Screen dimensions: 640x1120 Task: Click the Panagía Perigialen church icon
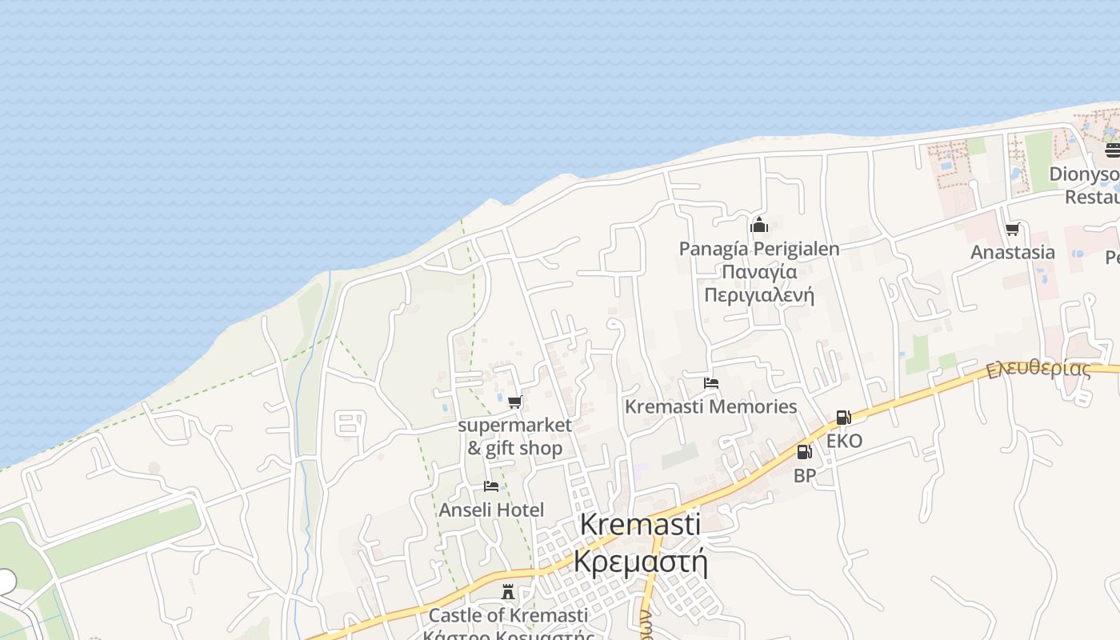tap(759, 225)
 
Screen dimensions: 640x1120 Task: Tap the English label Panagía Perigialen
tap(759, 249)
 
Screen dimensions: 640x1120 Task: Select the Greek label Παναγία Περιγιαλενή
tap(759, 283)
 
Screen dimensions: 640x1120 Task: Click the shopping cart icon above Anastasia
tap(1012, 230)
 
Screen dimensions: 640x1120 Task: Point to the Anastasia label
tap(1012, 252)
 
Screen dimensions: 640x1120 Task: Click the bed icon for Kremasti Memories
tap(710, 383)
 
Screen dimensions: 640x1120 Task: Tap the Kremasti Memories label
tap(710, 406)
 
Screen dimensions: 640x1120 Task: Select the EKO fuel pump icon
tap(843, 417)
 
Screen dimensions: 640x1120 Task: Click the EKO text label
tap(844, 441)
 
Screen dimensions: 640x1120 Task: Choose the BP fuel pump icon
tap(804, 452)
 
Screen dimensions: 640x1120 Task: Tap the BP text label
tap(804, 476)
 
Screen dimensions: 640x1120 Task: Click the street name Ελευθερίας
tap(1038, 369)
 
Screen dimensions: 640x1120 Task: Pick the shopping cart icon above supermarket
tap(514, 402)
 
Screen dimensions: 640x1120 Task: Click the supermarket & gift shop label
tap(514, 436)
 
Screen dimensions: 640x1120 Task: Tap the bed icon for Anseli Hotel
tap(491, 486)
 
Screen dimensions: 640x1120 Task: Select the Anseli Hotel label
tap(491, 510)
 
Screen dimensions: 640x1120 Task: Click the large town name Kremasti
tap(639, 525)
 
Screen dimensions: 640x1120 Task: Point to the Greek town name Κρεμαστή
tap(640, 562)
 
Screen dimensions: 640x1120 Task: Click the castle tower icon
tap(507, 592)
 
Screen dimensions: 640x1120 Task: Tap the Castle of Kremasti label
tap(508, 615)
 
